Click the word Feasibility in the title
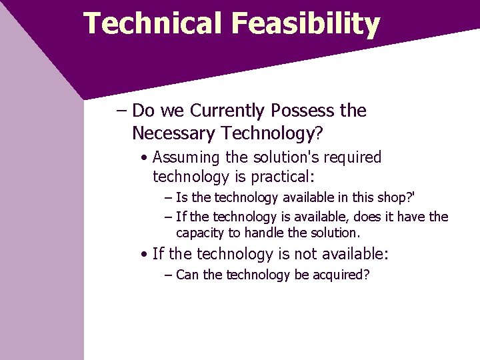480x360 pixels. tap(306, 25)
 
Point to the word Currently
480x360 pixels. tap(219, 111)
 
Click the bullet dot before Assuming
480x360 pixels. tap(144, 159)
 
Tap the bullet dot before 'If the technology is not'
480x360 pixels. tap(144, 255)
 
